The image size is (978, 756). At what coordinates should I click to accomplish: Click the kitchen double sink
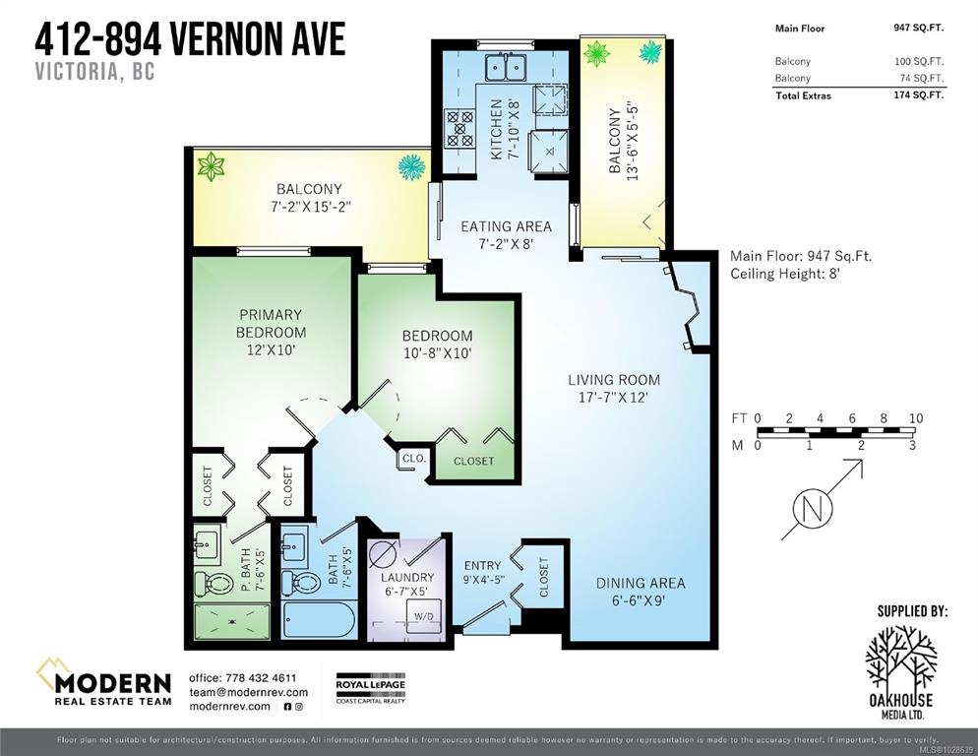coord(506,67)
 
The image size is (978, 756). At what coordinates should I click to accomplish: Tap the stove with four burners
coord(460,128)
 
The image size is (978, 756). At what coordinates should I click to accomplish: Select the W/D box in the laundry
coord(424,616)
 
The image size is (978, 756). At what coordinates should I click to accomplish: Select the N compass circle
coord(813,509)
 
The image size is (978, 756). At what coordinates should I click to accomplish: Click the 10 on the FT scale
coord(915,418)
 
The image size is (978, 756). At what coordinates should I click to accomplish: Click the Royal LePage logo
coord(371,688)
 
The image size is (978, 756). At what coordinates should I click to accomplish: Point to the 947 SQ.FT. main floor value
coord(918,28)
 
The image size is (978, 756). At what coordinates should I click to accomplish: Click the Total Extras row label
coord(803,95)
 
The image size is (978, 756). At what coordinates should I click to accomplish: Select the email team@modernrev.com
coord(248,692)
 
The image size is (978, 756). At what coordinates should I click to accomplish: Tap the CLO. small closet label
coord(414,458)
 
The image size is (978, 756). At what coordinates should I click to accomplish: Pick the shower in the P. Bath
coord(231,621)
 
